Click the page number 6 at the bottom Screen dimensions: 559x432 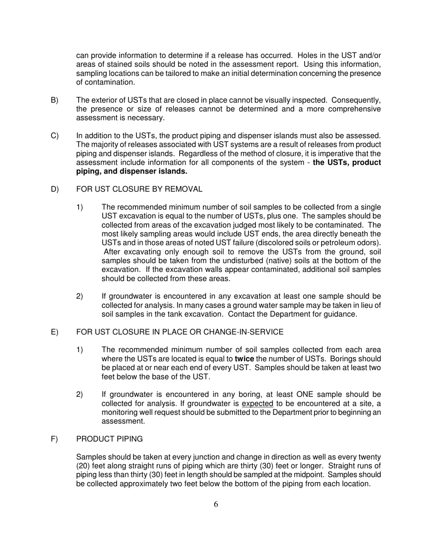pos(216,504)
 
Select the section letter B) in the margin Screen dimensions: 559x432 pos(55,100)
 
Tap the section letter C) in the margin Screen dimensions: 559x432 pos(55,135)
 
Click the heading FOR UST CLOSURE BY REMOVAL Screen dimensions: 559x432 pos(139,189)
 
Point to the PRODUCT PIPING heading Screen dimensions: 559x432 pos(109,439)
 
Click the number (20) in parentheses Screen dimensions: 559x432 pos(84,466)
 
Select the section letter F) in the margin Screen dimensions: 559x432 pos(54,439)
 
